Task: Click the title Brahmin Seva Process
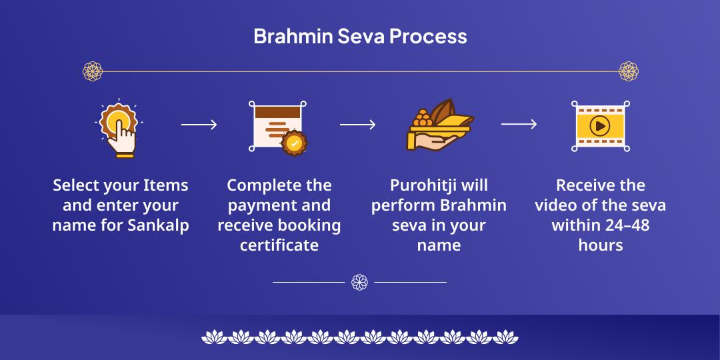tap(360, 36)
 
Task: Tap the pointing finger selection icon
tap(119, 129)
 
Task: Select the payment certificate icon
tap(277, 127)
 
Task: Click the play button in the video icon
tap(600, 125)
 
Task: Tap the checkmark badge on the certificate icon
tap(294, 143)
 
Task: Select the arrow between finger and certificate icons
tap(199, 125)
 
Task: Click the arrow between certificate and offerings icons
tap(357, 125)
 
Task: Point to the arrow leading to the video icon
tap(519, 125)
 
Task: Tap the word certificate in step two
tap(279, 245)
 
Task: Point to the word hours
tap(600, 245)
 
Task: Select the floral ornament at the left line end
tap(92, 71)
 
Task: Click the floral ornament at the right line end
tap(628, 71)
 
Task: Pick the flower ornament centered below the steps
tap(359, 282)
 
